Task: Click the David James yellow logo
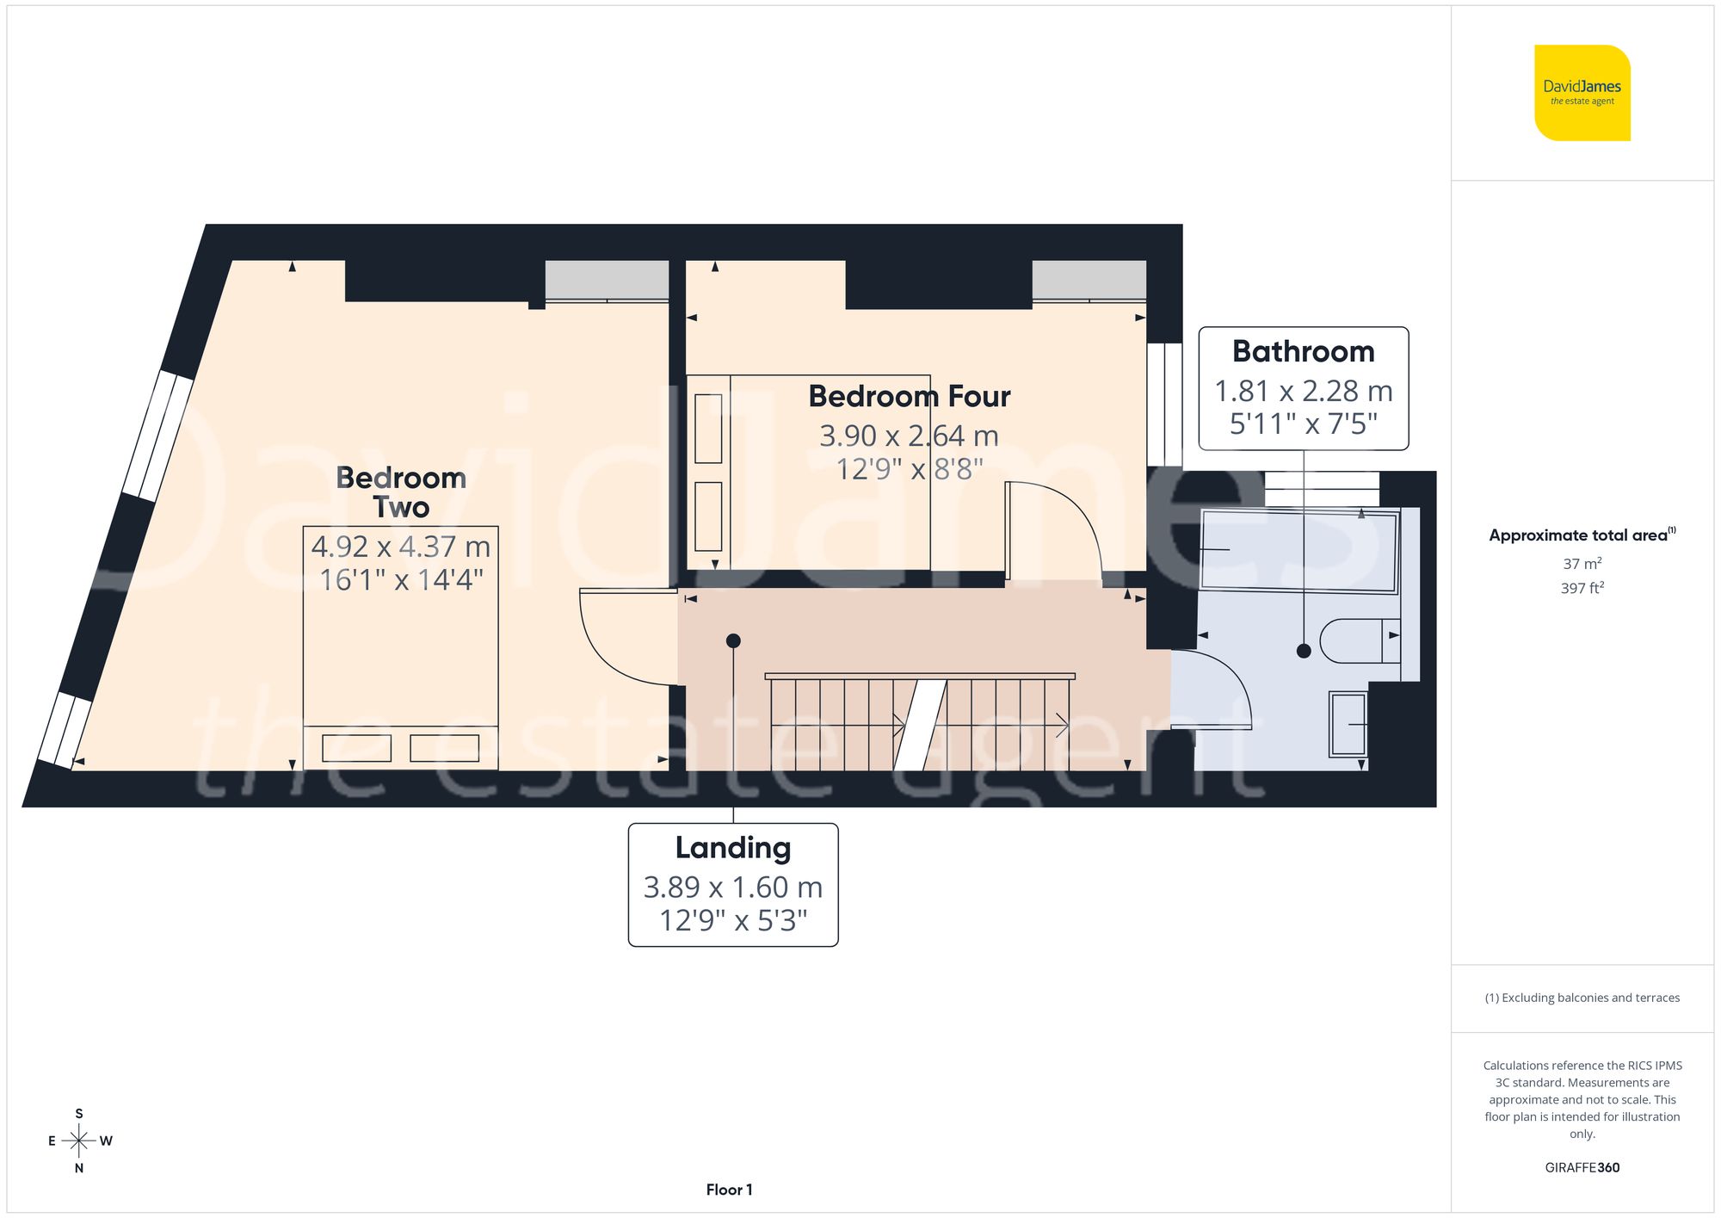1582,93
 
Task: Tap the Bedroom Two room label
401,492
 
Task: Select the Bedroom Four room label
909,396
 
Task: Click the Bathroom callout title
1303,351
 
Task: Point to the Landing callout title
732,848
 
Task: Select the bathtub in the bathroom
1299,551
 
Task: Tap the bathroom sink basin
1348,724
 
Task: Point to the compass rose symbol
79,1141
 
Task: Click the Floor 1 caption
729,1190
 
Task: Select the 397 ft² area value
1582,589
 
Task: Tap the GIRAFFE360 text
1582,1168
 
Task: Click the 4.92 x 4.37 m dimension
401,547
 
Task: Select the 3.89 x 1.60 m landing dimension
732,887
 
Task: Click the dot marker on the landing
733,640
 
